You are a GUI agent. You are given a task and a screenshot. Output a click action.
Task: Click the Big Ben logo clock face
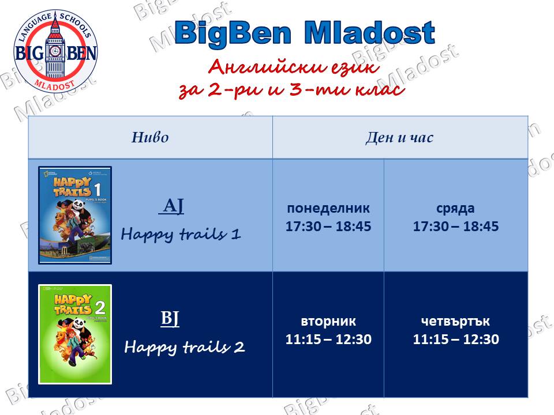(x=55, y=51)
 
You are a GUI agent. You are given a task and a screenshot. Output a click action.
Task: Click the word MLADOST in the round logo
(x=55, y=85)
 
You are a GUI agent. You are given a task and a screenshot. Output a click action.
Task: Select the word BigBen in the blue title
(x=233, y=33)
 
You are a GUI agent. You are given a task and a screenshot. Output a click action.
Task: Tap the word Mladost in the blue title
(x=369, y=32)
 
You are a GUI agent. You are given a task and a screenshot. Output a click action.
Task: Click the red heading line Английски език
(x=294, y=66)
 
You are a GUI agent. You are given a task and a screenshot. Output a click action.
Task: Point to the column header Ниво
(x=150, y=137)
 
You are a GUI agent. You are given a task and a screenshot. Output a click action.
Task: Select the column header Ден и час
(x=399, y=137)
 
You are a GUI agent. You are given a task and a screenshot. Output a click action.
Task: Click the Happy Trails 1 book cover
(x=75, y=215)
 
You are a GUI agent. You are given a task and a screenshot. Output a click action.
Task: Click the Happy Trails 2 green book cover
(x=75, y=334)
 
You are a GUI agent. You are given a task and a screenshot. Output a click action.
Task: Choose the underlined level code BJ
(x=170, y=318)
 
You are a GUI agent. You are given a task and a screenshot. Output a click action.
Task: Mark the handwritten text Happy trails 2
(x=185, y=347)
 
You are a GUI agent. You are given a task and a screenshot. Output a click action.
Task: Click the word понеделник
(x=328, y=208)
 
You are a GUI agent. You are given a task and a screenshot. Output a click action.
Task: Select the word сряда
(x=455, y=209)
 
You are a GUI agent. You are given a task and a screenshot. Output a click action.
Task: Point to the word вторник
(x=328, y=321)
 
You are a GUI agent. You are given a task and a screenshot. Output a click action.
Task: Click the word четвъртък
(x=455, y=321)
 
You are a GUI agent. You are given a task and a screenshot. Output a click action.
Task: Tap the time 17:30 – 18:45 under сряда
(x=456, y=226)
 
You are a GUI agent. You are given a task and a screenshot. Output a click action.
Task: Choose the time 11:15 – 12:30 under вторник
(x=328, y=339)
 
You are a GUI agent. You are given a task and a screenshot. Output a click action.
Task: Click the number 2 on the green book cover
(x=100, y=308)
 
